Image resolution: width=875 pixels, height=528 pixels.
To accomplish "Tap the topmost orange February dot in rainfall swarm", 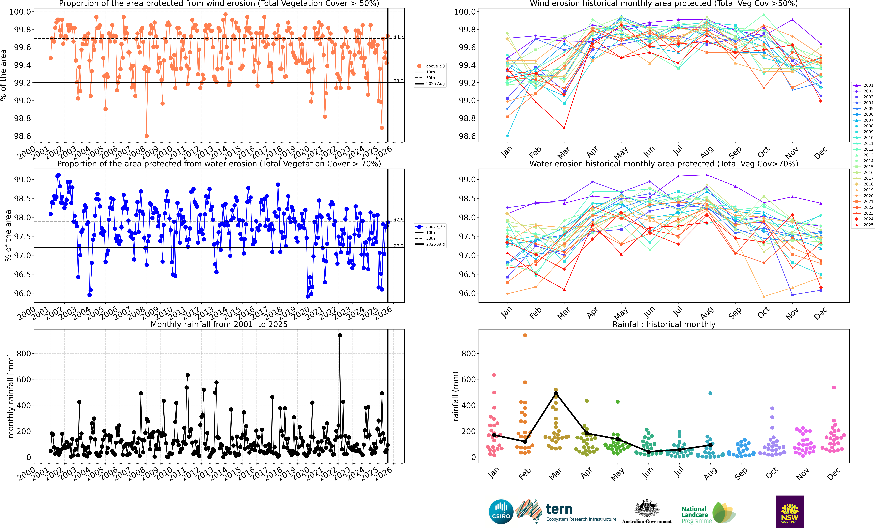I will (x=525, y=335).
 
